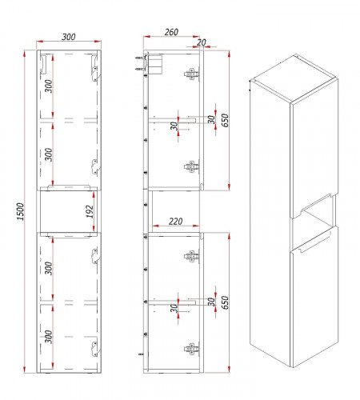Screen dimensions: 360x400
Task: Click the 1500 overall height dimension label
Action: pyautogui.click(x=21, y=211)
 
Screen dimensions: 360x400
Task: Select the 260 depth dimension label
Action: pyautogui.click(x=171, y=32)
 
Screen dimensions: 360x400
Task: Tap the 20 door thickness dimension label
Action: pyautogui.click(x=202, y=42)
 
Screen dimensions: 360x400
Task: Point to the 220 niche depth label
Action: pyautogui.click(x=176, y=221)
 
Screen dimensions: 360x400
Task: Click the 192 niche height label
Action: pyautogui.click(x=90, y=211)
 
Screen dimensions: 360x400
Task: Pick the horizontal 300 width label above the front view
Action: pyautogui.click(x=69, y=37)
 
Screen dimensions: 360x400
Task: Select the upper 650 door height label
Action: pyautogui.click(x=226, y=120)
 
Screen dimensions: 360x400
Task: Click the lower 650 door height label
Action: pyautogui.click(x=226, y=302)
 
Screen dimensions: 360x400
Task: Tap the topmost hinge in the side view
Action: pyautogui.click(x=192, y=74)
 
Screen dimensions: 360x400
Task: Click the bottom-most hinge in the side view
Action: pyautogui.click(x=192, y=349)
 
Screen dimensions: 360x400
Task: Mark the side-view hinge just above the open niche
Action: pyautogui.click(x=192, y=166)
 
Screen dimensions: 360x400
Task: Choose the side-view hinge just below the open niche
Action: pyautogui.click(x=192, y=257)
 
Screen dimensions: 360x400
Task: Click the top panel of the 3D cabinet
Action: pyautogui.click(x=294, y=78)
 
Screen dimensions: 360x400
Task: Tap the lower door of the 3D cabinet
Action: pyautogui.click(x=314, y=296)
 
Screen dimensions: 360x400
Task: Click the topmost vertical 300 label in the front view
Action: pyautogui.click(x=49, y=86)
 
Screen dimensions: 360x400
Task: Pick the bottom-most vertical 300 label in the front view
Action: pyautogui.click(x=49, y=337)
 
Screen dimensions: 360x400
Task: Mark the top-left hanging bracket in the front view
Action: pyautogui.click(x=43, y=65)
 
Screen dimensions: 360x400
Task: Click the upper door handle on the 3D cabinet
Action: pyautogui.click(x=314, y=203)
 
